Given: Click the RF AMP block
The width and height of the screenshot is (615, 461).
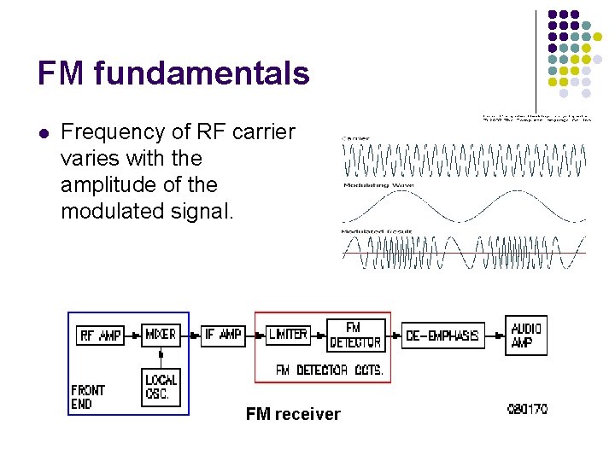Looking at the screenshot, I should [x=100, y=336].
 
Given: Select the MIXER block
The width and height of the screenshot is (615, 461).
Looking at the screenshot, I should [x=160, y=335].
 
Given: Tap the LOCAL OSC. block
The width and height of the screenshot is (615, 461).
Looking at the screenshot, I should [x=161, y=386].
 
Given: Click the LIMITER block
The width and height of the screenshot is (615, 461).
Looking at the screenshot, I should [x=287, y=335].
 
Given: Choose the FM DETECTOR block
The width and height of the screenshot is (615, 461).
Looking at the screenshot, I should [x=354, y=335].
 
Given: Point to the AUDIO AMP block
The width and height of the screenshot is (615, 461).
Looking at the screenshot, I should [x=526, y=335].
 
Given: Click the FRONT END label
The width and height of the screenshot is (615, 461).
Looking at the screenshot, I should [x=88, y=396].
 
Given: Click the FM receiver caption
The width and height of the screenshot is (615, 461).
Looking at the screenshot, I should [x=293, y=415].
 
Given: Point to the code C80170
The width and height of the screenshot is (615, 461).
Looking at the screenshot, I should [x=527, y=409].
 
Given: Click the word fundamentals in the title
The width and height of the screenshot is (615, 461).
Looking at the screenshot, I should [x=202, y=73].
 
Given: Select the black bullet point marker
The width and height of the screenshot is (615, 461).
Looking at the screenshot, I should [x=44, y=133].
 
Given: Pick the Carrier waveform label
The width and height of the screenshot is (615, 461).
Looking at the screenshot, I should [x=356, y=137].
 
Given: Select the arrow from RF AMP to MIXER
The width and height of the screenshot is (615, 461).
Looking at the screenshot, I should [x=133, y=336].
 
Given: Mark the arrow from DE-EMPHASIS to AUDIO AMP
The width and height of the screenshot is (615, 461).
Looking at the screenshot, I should [x=496, y=335].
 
